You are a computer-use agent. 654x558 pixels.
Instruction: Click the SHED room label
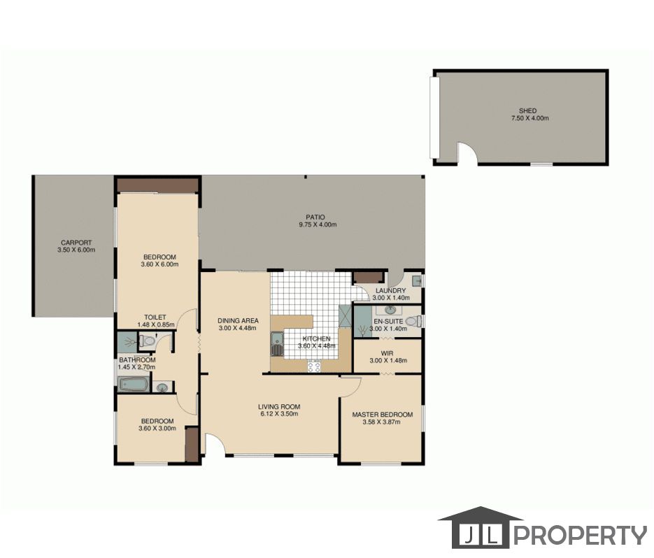(x=527, y=111)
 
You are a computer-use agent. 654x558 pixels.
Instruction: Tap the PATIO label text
(x=315, y=217)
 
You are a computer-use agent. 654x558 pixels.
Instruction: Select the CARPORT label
(x=76, y=243)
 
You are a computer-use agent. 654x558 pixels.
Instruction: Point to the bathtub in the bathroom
(x=134, y=384)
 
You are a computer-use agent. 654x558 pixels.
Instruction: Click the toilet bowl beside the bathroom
(x=146, y=341)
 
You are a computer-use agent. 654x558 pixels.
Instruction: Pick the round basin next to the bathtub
(x=162, y=388)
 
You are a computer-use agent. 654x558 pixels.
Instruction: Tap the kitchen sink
(x=276, y=344)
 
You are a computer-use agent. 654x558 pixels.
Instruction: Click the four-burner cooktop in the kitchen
(x=314, y=366)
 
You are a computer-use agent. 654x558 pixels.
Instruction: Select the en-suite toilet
(x=413, y=321)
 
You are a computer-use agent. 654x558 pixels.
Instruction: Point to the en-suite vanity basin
(x=390, y=310)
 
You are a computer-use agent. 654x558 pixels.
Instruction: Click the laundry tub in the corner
(x=418, y=280)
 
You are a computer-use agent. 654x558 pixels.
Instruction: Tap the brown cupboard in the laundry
(x=368, y=278)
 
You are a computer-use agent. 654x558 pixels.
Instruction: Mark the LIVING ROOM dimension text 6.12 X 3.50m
(x=279, y=414)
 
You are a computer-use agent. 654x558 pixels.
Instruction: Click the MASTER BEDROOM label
(x=383, y=415)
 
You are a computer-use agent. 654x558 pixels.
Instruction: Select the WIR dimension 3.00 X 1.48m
(x=388, y=361)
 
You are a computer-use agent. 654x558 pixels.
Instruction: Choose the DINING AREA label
(x=238, y=321)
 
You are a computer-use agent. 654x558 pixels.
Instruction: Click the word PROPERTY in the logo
(x=580, y=535)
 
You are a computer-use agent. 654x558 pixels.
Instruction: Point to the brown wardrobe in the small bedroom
(x=192, y=444)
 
